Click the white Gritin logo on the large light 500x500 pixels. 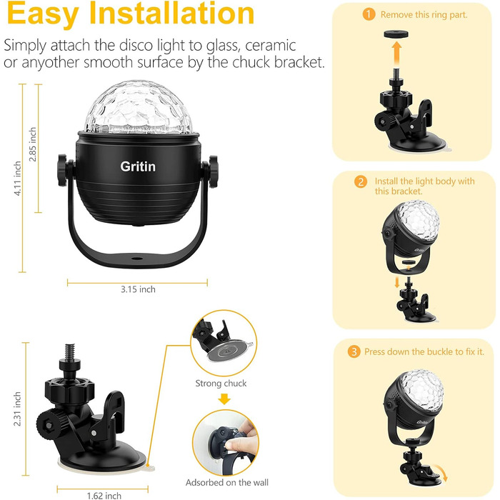(138, 166)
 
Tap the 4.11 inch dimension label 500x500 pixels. (17, 179)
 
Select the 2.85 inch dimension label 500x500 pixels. (33, 144)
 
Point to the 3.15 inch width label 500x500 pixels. (138, 289)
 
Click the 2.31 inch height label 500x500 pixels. (17, 409)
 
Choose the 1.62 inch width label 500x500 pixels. (104, 496)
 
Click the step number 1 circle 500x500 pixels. (369, 14)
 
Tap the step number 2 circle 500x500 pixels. (361, 181)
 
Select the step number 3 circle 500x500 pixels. (354, 351)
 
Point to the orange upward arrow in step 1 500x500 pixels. (396, 54)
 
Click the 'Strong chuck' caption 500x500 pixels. (221, 383)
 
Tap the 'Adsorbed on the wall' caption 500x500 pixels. (227, 482)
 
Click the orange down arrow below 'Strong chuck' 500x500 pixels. (224, 399)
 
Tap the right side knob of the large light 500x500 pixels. (213, 171)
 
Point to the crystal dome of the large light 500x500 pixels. (139, 108)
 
